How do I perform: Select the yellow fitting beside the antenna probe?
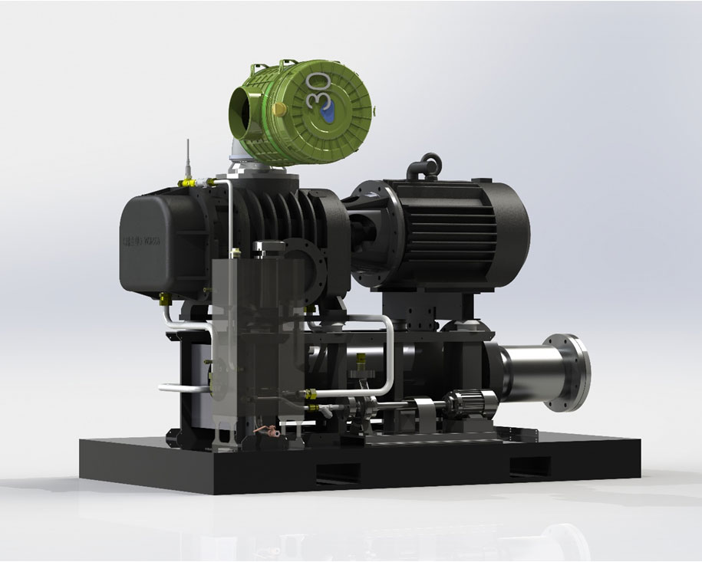[x=185, y=182]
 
